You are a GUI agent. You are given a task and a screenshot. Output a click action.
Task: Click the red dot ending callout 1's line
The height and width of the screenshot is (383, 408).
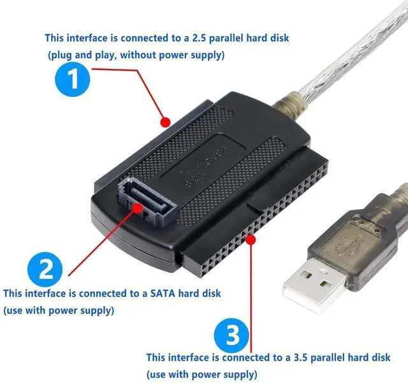[x=165, y=120]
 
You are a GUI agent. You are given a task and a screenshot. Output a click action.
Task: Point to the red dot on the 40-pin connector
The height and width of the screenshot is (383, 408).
[x=253, y=240]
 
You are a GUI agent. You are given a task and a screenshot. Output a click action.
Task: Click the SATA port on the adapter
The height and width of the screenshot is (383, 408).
[x=143, y=198]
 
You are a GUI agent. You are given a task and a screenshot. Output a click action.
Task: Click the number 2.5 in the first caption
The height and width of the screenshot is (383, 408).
[x=221, y=38]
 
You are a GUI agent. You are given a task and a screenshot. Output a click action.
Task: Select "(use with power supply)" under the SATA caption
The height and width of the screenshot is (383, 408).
[x=59, y=310]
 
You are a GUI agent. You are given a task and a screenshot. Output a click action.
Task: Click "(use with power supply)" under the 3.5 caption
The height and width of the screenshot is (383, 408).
[x=202, y=373]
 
